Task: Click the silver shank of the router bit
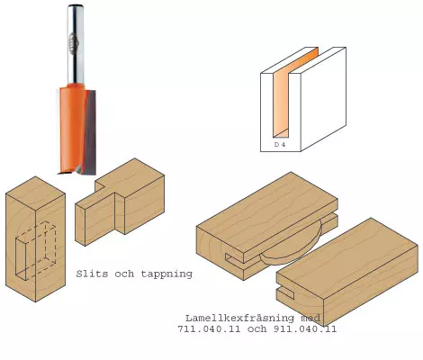click(76, 44)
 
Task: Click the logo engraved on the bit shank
click(74, 43)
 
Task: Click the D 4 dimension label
click(280, 145)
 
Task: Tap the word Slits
click(92, 274)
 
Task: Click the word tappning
click(166, 274)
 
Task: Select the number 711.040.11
click(209, 328)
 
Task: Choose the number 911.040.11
click(305, 328)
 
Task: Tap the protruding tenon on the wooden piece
click(95, 219)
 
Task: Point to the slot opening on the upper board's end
click(235, 257)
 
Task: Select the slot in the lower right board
click(285, 292)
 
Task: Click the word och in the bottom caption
click(257, 328)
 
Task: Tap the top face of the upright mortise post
click(36, 193)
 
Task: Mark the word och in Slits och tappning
click(124, 274)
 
